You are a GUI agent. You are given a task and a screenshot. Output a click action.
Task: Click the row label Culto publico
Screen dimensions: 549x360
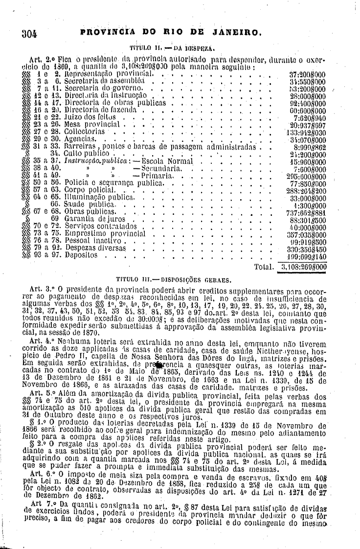73,153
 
